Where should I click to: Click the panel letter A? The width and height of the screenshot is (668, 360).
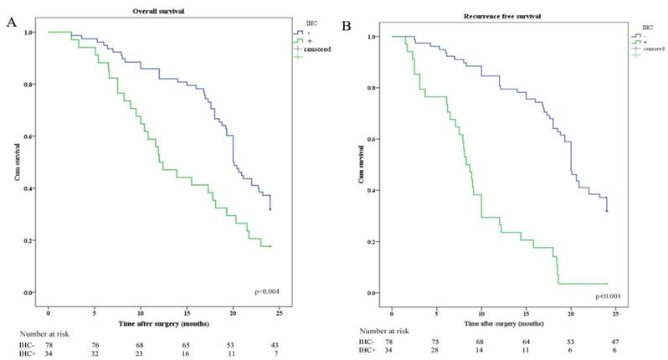pyautogui.click(x=12, y=23)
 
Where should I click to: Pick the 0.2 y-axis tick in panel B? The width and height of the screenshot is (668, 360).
pyautogui.click(x=373, y=242)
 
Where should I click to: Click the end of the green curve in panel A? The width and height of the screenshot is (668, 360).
pyautogui.click(x=270, y=246)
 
